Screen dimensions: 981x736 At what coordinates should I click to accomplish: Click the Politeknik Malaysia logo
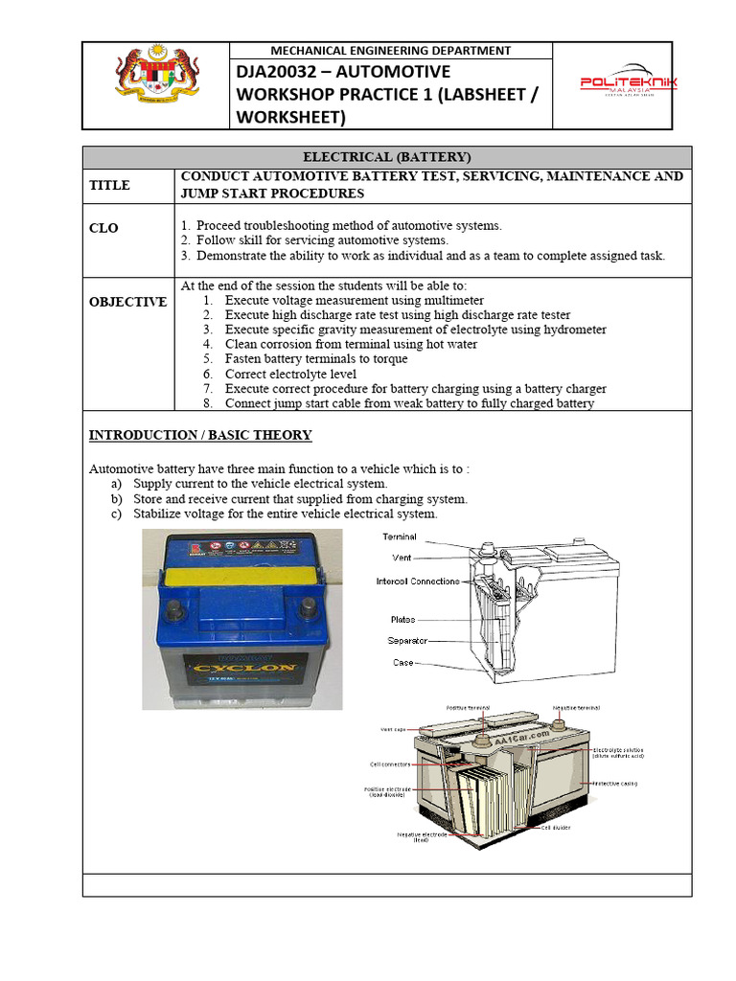point(629,83)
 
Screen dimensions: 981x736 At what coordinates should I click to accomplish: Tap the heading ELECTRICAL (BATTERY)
point(386,157)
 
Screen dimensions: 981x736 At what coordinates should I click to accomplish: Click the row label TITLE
point(109,185)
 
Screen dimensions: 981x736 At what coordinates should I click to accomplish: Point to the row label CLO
point(103,229)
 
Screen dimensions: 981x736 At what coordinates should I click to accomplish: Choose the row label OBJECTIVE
point(127,302)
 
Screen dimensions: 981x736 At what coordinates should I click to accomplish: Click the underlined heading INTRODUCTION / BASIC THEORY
point(200,435)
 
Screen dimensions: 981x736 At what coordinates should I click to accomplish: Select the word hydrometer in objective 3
point(573,330)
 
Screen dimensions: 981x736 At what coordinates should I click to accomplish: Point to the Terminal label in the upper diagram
point(399,536)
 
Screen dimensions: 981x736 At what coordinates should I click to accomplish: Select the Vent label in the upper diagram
point(402,557)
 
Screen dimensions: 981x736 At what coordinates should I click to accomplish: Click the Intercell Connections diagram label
point(417,582)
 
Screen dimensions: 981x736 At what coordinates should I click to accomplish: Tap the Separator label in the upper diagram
point(407,640)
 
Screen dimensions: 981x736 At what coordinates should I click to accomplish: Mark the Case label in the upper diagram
point(402,662)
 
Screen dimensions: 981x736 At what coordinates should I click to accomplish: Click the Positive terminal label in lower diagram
point(468,708)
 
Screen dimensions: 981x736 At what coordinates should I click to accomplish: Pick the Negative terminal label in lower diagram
point(576,708)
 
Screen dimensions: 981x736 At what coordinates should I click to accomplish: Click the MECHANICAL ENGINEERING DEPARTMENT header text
point(390,51)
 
